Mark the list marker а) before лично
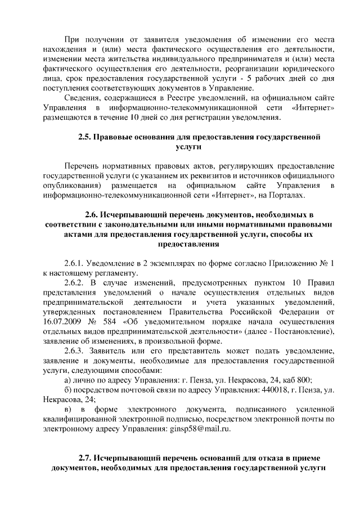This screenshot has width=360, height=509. pyautogui.click(x=68, y=380)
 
